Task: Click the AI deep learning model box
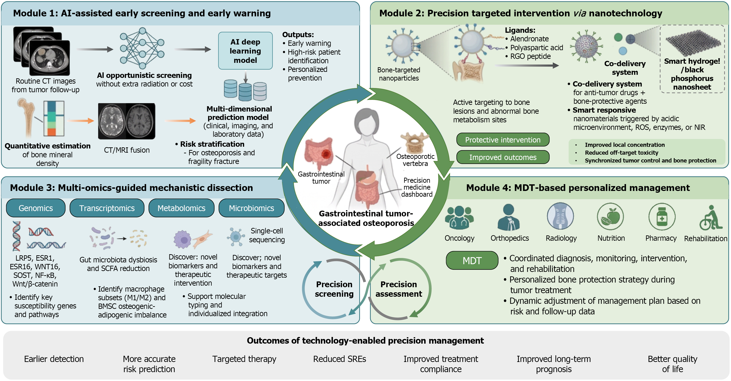(245, 51)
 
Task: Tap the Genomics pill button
(36, 208)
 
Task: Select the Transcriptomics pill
(107, 208)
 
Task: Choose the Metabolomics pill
(181, 208)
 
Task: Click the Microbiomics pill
(251, 208)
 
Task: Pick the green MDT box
(472, 260)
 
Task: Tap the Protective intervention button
(503, 140)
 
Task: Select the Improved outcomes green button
(503, 157)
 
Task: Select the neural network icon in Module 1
(142, 48)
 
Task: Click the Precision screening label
(334, 289)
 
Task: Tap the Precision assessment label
(399, 289)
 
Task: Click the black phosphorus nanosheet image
(693, 43)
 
